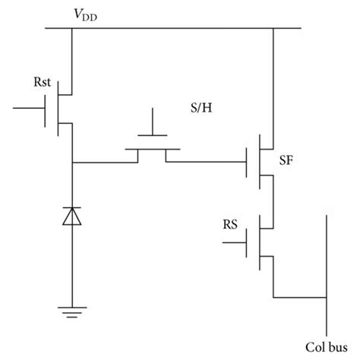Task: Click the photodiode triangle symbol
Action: (71, 217)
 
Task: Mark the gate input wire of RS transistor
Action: (234, 243)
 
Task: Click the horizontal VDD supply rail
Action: (175, 30)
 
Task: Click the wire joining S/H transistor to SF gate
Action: (213, 162)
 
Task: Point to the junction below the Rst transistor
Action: (71, 162)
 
